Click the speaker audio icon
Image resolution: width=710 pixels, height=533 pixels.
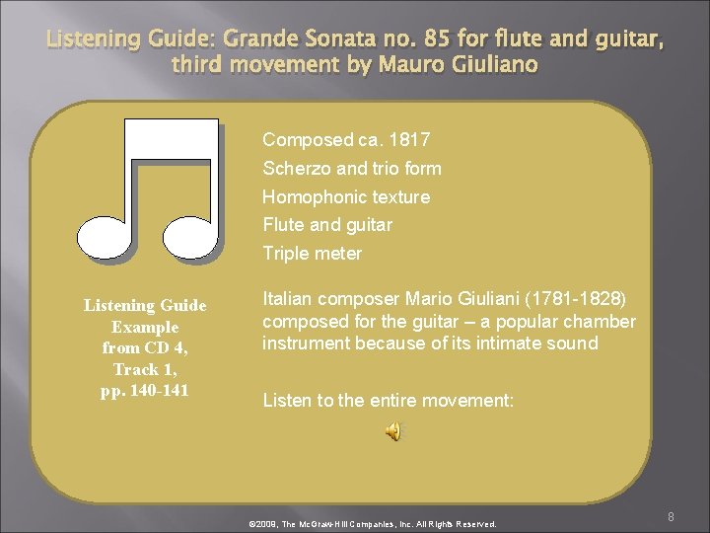pos(393,431)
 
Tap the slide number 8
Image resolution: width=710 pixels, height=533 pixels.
pos(671,516)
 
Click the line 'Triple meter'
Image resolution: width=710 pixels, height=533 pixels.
pos(312,253)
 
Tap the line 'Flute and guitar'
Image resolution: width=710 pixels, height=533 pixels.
pos(326,224)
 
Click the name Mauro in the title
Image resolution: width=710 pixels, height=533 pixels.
pos(401,65)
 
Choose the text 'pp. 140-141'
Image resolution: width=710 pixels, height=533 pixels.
pos(145,390)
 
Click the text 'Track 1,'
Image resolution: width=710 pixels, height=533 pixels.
pos(145,369)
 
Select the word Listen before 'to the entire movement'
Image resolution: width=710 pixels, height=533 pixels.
pos(287,400)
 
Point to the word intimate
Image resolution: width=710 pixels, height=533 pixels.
pos(489,343)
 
